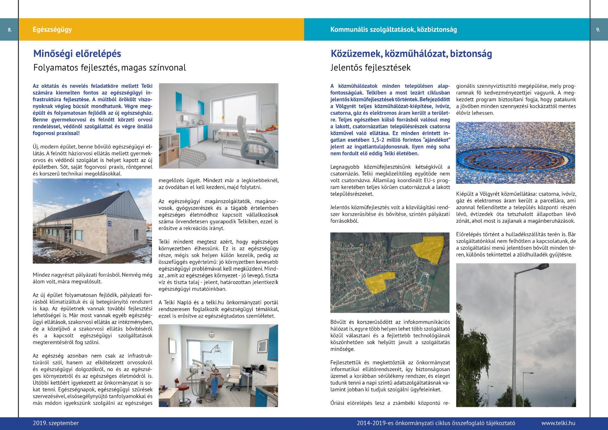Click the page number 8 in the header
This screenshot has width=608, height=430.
point(10,30)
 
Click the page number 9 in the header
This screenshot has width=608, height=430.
point(598,30)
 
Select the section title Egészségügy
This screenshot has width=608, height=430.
point(52,29)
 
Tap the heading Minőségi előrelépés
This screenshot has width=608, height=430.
point(77,54)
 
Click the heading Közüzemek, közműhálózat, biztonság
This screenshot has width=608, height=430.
point(411,54)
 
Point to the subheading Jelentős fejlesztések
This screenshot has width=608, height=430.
point(370,67)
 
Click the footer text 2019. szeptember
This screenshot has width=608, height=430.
point(56,423)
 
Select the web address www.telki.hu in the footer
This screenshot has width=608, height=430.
point(558,423)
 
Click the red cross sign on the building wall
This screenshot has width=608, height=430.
point(110,223)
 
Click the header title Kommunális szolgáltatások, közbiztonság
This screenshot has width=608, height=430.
point(393,29)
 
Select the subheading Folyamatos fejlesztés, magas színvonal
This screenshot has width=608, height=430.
point(110,67)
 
